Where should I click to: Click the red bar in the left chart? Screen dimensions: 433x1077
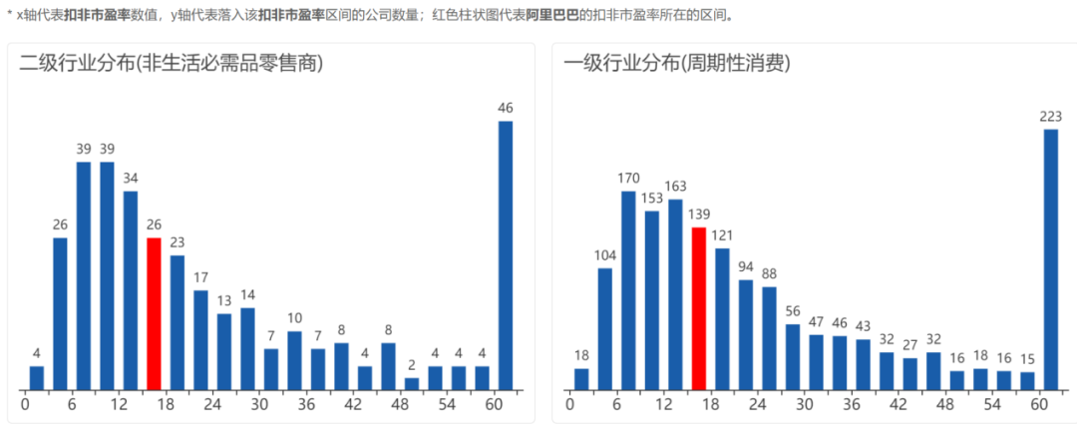click(x=154, y=313)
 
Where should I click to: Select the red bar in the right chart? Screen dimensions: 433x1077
click(x=699, y=308)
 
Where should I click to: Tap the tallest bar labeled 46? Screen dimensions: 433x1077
click(x=506, y=254)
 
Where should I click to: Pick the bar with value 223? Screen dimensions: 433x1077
click(x=1051, y=259)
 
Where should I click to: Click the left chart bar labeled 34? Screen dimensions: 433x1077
click(x=131, y=289)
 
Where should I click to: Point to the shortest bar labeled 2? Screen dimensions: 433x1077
click(x=412, y=383)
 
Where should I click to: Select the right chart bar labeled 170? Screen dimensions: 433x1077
click(x=628, y=289)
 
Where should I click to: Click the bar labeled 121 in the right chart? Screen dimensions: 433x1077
click(x=722, y=318)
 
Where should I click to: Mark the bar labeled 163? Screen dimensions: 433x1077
click(x=675, y=294)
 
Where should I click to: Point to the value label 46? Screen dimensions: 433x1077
click(x=506, y=108)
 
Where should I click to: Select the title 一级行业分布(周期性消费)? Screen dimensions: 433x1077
click(x=677, y=65)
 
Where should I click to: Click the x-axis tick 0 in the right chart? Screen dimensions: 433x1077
click(x=570, y=405)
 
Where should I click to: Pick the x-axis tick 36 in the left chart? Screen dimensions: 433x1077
click(x=307, y=405)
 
